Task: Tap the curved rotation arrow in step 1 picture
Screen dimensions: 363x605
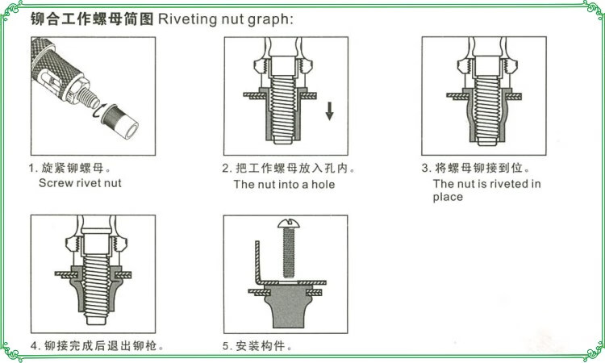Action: pos(99,118)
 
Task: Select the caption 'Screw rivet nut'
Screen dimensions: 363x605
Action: pos(80,183)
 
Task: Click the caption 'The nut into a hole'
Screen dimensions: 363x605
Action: pos(284,184)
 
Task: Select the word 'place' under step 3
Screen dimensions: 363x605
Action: pos(448,197)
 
